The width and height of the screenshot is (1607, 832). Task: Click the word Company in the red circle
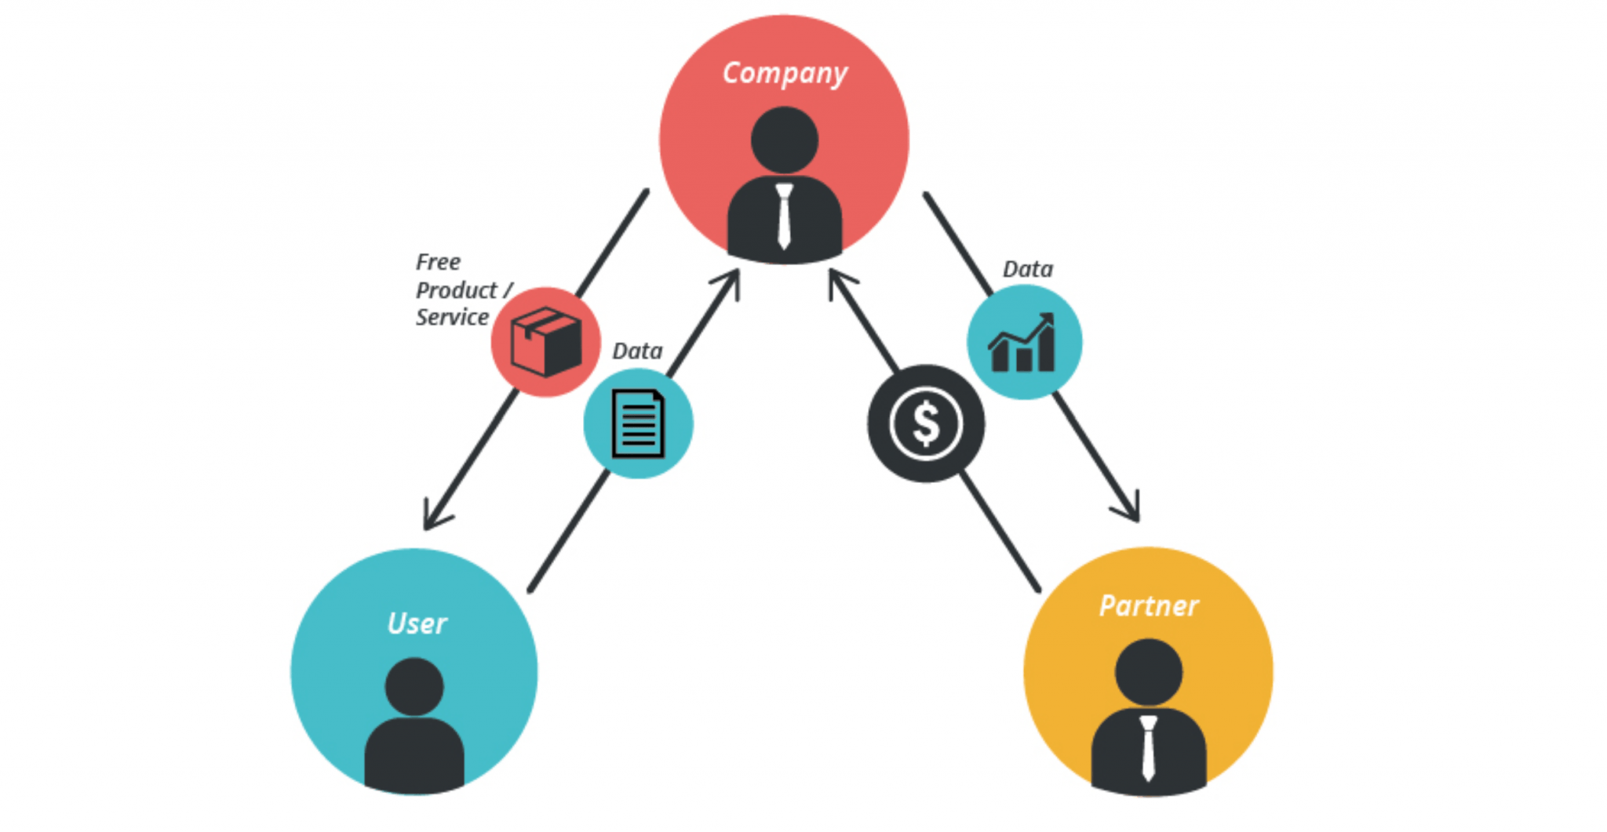click(785, 74)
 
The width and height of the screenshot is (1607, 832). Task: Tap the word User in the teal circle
click(417, 624)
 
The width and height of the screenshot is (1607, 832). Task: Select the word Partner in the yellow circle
click(1148, 606)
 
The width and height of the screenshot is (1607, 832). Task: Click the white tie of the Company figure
click(784, 216)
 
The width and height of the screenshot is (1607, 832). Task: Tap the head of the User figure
click(414, 686)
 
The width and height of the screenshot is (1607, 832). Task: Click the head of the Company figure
click(784, 140)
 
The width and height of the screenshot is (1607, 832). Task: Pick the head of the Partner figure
click(1148, 672)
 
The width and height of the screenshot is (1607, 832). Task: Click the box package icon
click(545, 342)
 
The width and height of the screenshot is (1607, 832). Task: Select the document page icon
click(638, 423)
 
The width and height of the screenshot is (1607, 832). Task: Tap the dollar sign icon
click(926, 423)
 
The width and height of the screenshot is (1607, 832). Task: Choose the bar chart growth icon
click(1023, 343)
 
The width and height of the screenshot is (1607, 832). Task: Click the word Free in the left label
click(438, 262)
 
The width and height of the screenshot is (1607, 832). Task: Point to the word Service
click(452, 318)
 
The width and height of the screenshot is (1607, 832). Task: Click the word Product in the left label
click(456, 290)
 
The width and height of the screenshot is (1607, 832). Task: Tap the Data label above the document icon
click(637, 351)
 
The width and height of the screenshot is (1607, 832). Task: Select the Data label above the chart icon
click(1027, 269)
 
